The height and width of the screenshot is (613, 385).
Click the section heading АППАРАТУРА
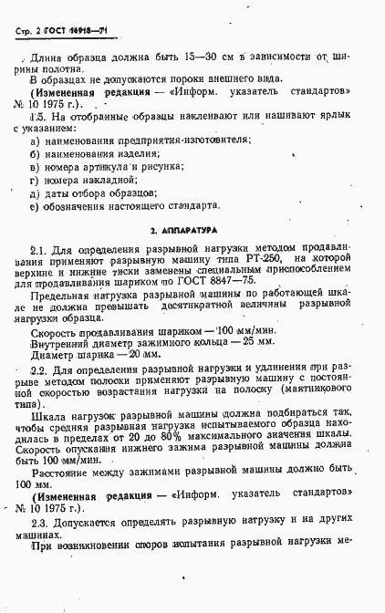(192, 233)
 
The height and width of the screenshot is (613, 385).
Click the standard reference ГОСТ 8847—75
(239, 286)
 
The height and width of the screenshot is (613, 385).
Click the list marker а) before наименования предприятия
(35, 140)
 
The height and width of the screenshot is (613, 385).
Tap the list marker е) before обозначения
(34, 205)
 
